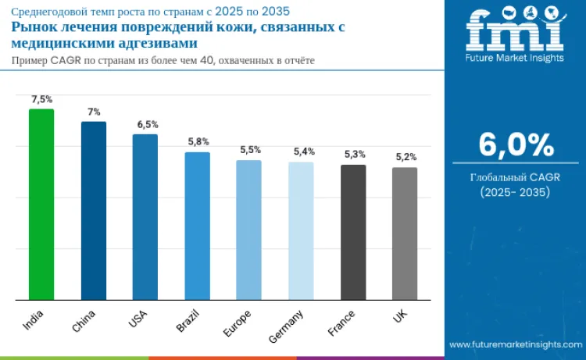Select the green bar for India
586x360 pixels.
(41, 205)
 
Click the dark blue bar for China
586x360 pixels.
(94, 211)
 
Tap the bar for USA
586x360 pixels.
(145, 217)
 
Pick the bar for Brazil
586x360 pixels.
(197, 226)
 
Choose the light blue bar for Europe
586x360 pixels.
(248, 230)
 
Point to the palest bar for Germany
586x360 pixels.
(301, 231)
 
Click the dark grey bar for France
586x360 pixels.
(353, 232)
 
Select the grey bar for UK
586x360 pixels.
(405, 233)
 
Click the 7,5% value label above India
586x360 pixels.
(41, 100)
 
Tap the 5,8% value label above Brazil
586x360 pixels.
(198, 142)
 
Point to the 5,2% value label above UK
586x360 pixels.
(406, 157)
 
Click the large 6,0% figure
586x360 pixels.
(516, 145)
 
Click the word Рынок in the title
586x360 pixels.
(34, 27)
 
